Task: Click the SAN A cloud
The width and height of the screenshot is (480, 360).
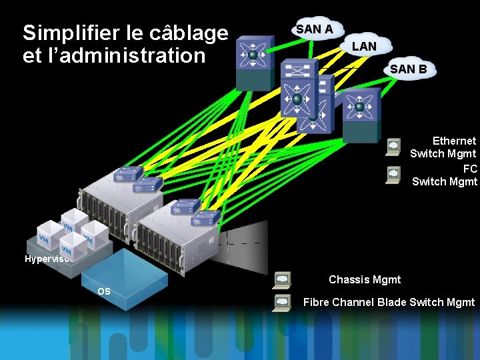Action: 315,29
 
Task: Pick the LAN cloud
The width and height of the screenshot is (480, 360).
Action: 364,46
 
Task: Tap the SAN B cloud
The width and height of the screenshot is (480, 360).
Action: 408,69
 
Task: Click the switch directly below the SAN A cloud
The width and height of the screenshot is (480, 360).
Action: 253,60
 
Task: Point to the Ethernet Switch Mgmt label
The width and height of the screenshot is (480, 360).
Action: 443,147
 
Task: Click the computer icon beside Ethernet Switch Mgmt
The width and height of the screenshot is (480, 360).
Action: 394,147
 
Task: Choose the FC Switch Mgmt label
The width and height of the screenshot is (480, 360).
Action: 445,175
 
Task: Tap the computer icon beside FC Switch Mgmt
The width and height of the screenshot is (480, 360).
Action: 394,175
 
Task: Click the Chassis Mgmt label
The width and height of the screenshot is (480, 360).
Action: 365,280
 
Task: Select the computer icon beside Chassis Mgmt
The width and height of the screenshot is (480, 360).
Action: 282,280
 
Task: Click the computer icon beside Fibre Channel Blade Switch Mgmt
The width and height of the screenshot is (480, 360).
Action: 282,303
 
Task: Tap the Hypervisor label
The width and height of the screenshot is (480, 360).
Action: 47,259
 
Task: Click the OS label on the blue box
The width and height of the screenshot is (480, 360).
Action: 104,291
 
